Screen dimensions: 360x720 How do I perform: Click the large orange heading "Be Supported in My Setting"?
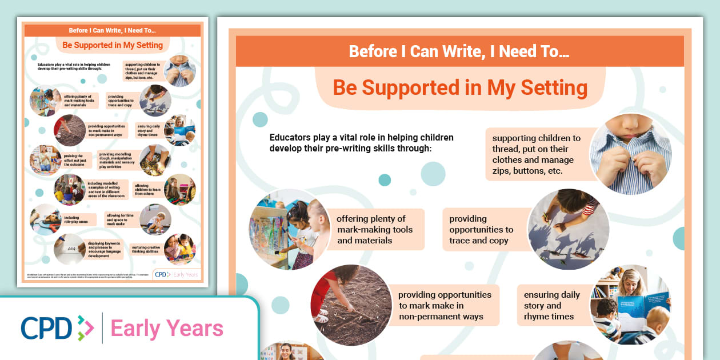click(x=460, y=88)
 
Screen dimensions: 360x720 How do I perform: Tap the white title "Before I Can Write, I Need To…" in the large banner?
click(x=459, y=52)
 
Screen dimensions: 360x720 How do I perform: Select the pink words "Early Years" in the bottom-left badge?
click(x=167, y=329)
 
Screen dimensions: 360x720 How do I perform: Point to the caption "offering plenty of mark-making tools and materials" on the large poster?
click(x=375, y=229)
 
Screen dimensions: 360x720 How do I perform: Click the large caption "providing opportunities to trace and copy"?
click(x=481, y=229)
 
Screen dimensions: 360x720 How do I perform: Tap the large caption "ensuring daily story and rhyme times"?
click(x=551, y=305)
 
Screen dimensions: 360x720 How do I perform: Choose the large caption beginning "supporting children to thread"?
click(x=536, y=154)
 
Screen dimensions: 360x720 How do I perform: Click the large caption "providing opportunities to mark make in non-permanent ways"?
click(x=445, y=305)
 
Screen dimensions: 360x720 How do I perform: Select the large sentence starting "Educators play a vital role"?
click(x=361, y=143)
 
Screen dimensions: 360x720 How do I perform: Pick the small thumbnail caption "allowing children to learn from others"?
click(x=146, y=190)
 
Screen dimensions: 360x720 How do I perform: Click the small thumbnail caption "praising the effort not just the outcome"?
click(x=74, y=160)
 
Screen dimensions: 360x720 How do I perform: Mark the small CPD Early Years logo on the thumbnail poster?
click(x=177, y=274)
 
